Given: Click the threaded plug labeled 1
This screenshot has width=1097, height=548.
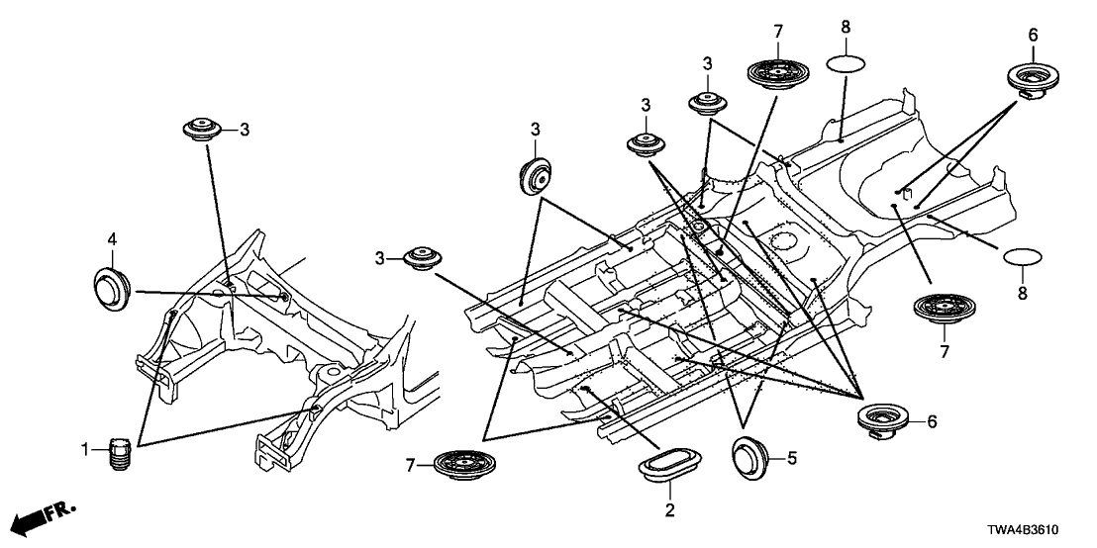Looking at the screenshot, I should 121,455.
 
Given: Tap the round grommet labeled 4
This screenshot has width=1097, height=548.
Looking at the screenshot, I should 114,287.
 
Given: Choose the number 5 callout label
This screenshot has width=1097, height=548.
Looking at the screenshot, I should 790,458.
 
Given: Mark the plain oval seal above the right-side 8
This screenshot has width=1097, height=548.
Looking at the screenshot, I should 1024,260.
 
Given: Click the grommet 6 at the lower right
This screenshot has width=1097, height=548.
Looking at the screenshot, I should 881,418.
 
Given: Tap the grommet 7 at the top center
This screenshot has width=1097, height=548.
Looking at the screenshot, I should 777,72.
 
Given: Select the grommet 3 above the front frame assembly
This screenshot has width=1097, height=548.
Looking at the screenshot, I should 203,130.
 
